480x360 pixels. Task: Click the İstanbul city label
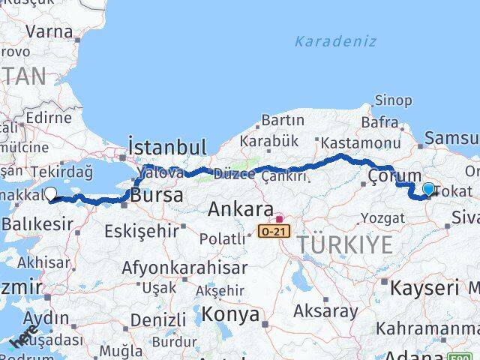(166, 145)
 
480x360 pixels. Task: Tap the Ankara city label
(240, 208)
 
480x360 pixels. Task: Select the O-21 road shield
(274, 232)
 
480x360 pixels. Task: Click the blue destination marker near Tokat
(428, 190)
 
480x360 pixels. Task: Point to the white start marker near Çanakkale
(51, 193)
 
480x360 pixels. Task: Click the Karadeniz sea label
(335, 41)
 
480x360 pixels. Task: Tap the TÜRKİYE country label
(344, 244)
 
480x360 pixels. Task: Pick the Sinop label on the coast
(392, 100)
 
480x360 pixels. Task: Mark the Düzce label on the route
(235, 174)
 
